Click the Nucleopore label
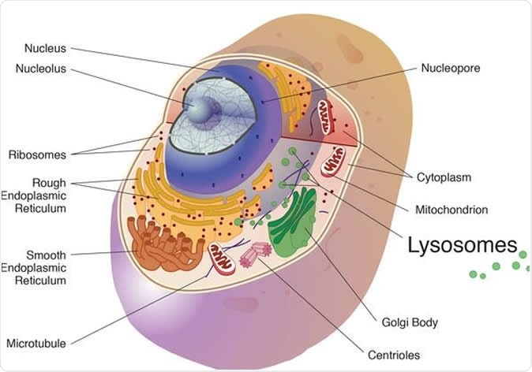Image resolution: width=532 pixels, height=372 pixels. (450, 68)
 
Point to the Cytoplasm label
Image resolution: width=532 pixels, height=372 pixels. (444, 177)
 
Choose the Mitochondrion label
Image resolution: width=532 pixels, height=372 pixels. (451, 210)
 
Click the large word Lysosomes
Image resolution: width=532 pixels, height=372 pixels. (463, 245)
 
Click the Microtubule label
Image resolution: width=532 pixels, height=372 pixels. (36, 343)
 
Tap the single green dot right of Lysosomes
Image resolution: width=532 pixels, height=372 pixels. (523, 253)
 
